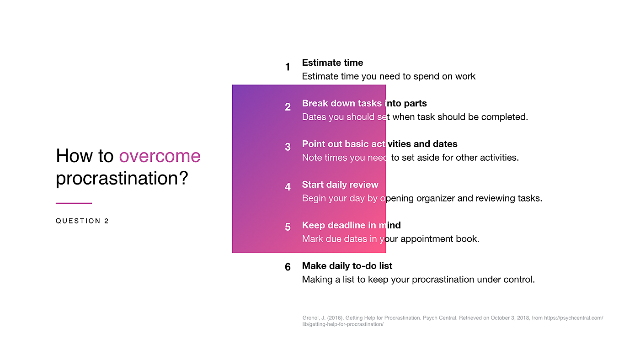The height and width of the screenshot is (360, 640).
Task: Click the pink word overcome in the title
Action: [x=160, y=156]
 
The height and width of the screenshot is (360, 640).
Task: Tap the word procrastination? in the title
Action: [x=122, y=178]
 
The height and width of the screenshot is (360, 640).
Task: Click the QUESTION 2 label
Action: [x=82, y=221]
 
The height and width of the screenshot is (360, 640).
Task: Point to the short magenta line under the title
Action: [x=74, y=203]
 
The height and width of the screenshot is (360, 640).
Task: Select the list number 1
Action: [x=288, y=67]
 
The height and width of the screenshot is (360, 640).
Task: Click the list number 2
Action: [x=288, y=107]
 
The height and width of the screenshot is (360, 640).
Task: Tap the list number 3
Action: [x=288, y=147]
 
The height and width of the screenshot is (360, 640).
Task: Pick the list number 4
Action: [x=288, y=187]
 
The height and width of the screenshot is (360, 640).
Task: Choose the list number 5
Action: [x=288, y=227]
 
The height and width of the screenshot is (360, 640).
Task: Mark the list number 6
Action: [x=288, y=267]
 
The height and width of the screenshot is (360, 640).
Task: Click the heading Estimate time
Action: [x=333, y=63]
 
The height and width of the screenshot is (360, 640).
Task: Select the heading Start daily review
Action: [x=340, y=185]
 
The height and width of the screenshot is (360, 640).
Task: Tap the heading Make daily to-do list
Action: [x=347, y=266]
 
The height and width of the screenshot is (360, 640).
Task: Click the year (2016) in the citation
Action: [x=335, y=318]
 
